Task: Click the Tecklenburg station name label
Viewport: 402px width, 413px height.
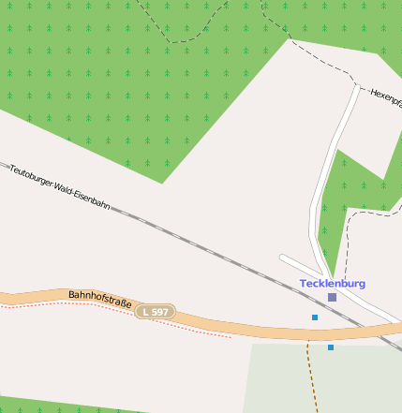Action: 333,283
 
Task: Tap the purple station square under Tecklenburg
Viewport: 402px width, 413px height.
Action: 332,297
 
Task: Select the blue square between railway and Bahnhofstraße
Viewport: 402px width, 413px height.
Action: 315,317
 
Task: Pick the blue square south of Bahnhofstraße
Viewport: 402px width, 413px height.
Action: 331,347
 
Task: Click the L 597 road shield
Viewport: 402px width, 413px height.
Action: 155,311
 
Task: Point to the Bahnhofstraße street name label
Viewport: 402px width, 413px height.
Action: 98,300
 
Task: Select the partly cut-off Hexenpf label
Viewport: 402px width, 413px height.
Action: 385,96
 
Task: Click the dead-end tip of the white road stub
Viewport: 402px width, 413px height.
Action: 282,257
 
